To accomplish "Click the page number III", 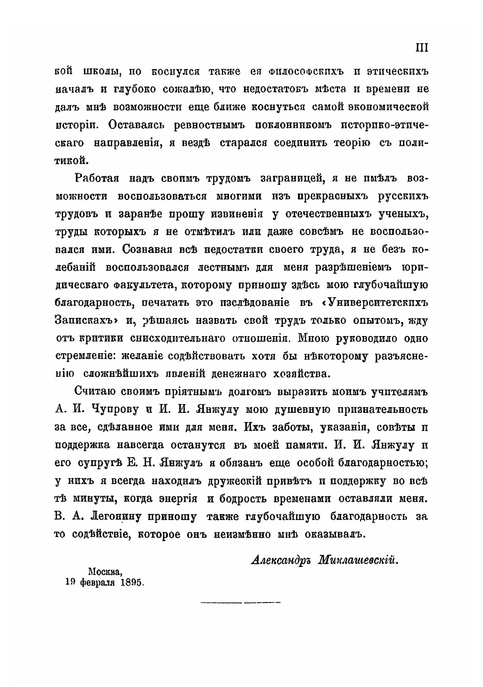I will [x=422, y=48].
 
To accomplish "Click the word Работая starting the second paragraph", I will [x=97, y=178].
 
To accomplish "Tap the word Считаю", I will [x=97, y=392].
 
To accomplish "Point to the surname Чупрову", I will [x=115, y=410].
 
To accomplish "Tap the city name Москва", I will [x=105, y=572].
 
